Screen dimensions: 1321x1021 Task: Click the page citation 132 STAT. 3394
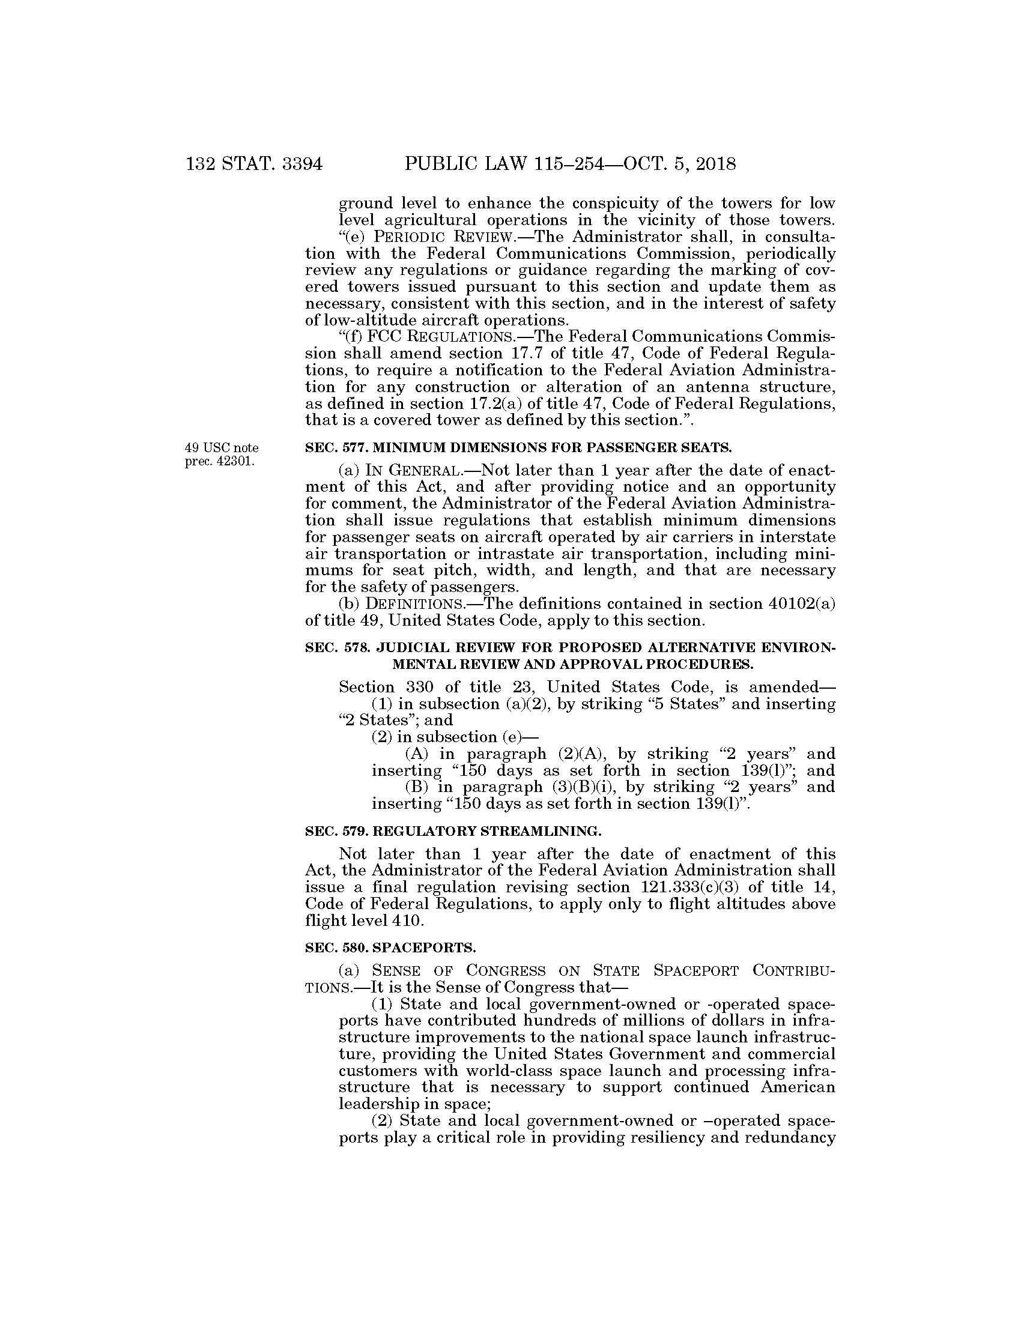click(255, 165)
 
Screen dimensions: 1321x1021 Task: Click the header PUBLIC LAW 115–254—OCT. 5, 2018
click(570, 165)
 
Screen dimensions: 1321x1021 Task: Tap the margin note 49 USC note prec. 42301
click(222, 455)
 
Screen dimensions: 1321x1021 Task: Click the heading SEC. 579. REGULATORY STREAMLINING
click(453, 832)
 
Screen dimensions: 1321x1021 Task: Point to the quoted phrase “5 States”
click(694, 704)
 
